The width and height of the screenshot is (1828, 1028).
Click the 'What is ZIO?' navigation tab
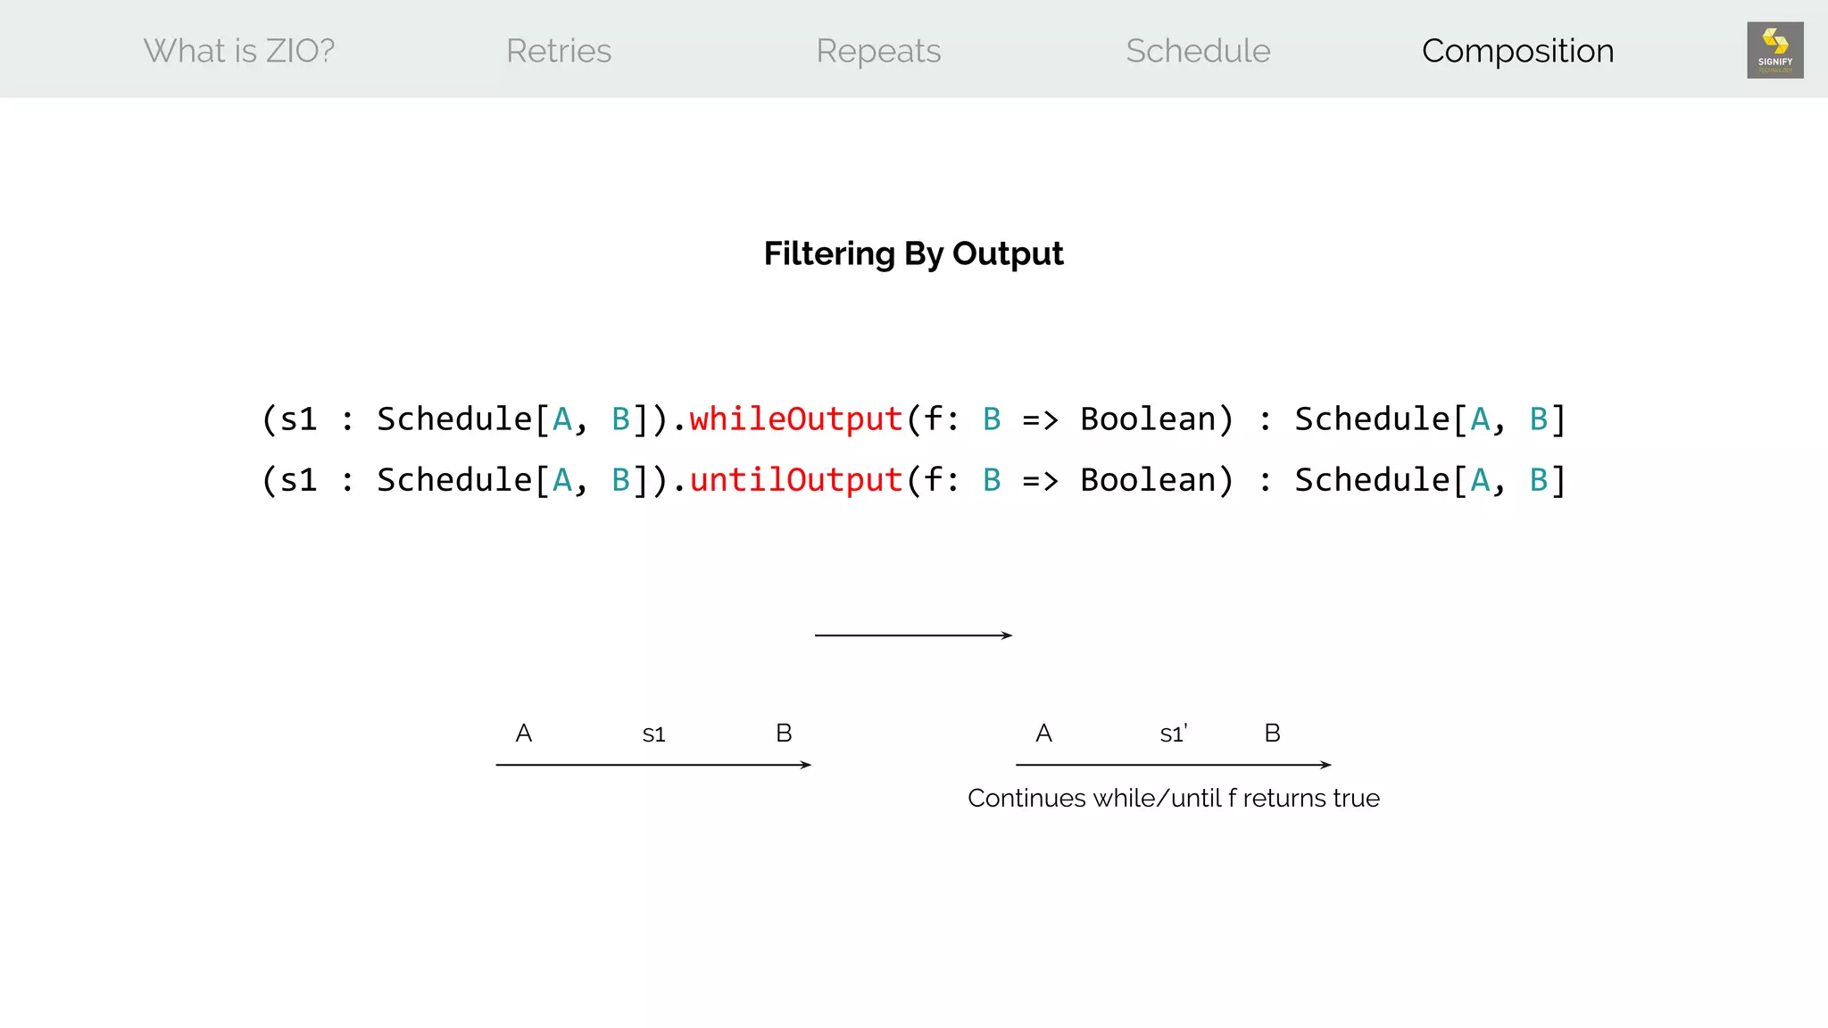239,51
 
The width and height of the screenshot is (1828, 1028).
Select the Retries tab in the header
559,51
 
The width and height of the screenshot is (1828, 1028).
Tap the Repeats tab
878,51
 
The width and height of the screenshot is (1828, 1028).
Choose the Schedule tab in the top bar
1198,51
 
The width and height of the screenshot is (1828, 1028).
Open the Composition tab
1517,51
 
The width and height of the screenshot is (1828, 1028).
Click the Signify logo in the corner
1774,50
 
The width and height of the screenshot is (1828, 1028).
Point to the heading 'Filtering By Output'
913,253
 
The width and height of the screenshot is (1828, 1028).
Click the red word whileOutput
795,419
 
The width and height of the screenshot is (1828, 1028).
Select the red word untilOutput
795,480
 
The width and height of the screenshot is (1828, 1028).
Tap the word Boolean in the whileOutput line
1148,419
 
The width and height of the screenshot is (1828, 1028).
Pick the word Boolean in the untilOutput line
1148,480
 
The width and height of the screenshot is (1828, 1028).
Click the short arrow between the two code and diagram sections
913,635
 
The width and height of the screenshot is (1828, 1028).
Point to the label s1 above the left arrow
653,734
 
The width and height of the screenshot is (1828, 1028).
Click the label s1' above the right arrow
1173,734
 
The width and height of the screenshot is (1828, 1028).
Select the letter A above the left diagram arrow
524,734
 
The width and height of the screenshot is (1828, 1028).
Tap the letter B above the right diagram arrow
1272,734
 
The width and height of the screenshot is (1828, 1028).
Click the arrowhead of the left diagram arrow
806,765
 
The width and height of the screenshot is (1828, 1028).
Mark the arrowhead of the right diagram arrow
1326,765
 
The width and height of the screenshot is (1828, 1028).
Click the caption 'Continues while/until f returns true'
1173,798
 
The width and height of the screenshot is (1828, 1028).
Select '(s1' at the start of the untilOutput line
289,480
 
